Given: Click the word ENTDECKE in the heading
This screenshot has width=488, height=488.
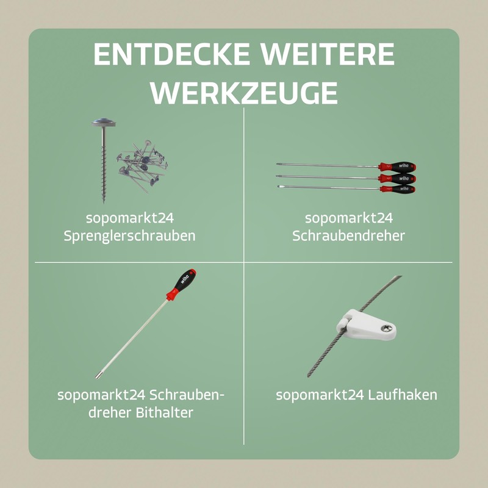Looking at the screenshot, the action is (171, 54).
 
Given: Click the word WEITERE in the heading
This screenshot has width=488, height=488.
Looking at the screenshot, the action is (328, 54).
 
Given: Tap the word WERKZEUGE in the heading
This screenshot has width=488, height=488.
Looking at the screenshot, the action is (244, 93).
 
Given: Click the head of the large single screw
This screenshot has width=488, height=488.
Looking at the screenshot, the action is (104, 123).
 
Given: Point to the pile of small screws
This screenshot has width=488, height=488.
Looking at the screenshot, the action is (142, 166).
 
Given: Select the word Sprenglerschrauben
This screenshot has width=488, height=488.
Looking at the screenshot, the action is (129, 235).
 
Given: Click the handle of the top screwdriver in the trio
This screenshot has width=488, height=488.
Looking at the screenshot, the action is (397, 167).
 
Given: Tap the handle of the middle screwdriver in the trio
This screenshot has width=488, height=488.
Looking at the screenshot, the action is (397, 179).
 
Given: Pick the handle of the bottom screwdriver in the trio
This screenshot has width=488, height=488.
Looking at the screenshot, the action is (398, 189).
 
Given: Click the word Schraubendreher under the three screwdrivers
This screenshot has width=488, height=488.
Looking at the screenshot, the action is (348, 235).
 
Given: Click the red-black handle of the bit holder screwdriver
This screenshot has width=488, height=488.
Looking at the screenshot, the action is (181, 284).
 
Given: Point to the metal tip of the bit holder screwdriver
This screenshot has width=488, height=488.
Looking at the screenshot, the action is (98, 376).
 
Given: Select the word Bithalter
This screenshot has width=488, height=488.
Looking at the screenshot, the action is (164, 413).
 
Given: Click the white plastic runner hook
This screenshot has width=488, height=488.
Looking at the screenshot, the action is (367, 325).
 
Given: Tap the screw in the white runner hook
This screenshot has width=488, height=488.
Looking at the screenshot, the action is (386, 328).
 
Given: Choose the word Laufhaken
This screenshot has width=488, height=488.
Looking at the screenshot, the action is (403, 395).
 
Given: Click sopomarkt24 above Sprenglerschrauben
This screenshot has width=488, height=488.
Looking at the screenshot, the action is (130, 218).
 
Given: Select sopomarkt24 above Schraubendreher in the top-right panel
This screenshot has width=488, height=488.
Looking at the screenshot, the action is (349, 218).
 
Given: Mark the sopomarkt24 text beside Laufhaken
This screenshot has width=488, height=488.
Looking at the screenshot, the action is (320, 395).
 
